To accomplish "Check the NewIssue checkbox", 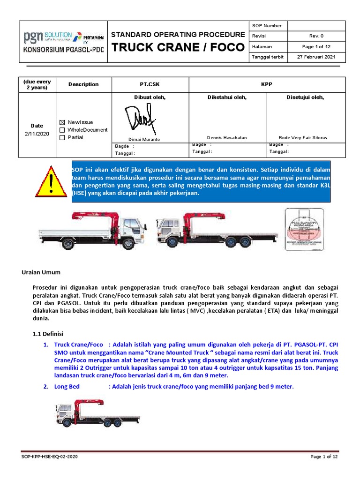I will tap(62, 122).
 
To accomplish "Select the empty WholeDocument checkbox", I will tap(62, 130).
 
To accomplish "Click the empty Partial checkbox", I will tap(62, 137).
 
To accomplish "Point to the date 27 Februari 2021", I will tap(316, 57).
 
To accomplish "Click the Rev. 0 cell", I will tap(316, 36).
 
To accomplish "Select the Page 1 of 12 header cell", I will tap(316, 47).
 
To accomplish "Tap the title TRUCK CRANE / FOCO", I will tap(178, 47).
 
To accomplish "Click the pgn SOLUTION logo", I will tap(47, 36).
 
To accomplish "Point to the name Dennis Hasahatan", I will tap(227, 138).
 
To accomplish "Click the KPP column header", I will tap(267, 84).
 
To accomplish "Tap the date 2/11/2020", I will tap(37, 134).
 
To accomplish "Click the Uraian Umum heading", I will tap(42, 272).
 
